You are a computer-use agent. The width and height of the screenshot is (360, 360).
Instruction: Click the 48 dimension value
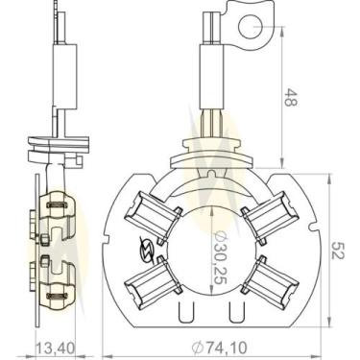(290, 97)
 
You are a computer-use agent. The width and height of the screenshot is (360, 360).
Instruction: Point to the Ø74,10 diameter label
(219, 347)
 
